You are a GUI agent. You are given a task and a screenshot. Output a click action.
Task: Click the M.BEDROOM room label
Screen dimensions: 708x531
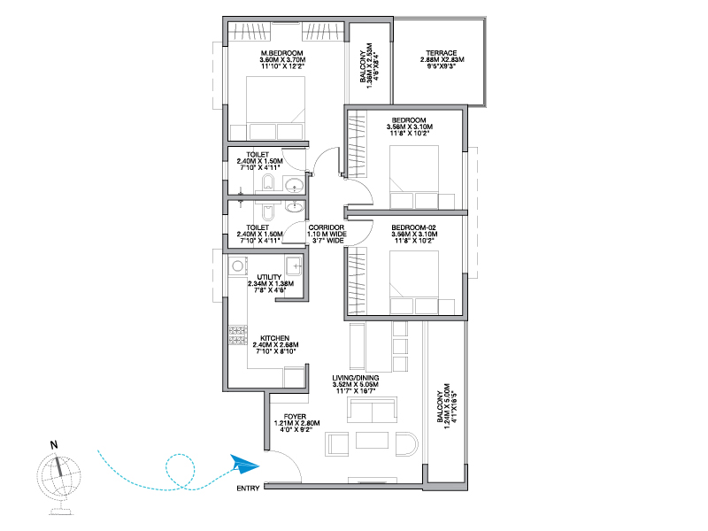[x=281, y=53]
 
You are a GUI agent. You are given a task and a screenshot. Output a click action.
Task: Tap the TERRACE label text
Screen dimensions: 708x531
[x=442, y=53]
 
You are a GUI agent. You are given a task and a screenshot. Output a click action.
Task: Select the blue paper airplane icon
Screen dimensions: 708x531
[x=245, y=464]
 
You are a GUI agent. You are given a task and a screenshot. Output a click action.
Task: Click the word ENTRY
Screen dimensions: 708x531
[x=248, y=489]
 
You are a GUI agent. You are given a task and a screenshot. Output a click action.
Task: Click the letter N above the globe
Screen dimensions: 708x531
[x=54, y=445]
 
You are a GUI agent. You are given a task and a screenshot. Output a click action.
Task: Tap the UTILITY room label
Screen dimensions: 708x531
[x=269, y=277]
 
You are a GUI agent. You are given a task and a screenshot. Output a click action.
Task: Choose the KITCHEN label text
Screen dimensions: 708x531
[x=275, y=338]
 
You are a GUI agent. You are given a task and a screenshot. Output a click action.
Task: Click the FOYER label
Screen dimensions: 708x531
[x=295, y=416]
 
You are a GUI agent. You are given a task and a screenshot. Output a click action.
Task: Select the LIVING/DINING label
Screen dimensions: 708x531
[x=356, y=378]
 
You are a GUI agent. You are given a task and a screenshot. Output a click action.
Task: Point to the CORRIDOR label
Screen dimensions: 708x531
[x=327, y=227]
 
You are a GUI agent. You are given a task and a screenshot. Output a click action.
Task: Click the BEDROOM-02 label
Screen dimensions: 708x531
[x=413, y=227]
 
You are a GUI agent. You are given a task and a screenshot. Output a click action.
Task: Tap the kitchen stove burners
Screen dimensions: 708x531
[x=237, y=335]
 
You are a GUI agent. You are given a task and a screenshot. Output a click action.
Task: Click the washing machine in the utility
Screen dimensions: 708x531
[x=237, y=266]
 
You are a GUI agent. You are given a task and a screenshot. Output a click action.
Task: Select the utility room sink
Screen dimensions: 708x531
[x=294, y=266]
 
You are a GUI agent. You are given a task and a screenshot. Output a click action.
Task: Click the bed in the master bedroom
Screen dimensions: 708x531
[x=275, y=108]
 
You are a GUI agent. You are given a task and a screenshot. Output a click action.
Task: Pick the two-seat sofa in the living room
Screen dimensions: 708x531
[x=372, y=410]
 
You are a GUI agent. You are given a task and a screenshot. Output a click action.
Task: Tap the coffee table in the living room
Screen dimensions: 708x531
[x=372, y=440]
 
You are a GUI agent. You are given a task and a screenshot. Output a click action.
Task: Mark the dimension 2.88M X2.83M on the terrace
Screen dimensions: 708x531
[x=442, y=59]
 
